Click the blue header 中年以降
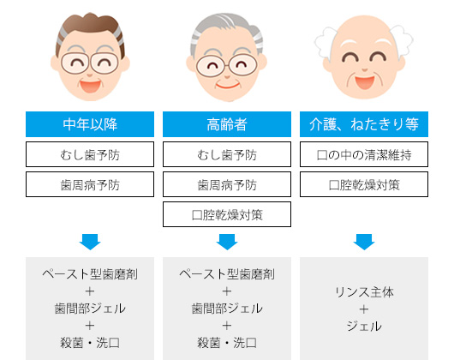coord(90,124)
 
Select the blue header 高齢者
coord(227,124)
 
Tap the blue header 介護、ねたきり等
coord(364,124)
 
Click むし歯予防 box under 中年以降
coord(90,154)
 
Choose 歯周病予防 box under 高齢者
coord(227,184)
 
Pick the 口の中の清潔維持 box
coord(364,154)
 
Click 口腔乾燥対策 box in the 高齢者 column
coord(227,214)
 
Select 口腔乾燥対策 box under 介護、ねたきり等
coord(364,184)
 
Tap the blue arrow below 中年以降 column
coord(90,242)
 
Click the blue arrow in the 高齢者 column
coord(227,242)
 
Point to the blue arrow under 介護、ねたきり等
coord(364,242)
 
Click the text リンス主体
coord(364,292)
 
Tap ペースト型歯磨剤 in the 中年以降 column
coord(90,274)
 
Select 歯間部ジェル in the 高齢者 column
coord(227,309)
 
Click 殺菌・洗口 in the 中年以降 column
coord(90,343)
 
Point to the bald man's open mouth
coord(365,82)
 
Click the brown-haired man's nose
coord(90,75)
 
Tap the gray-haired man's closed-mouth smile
coord(227,86)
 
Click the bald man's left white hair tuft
coord(326,44)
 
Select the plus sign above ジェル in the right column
coord(364,309)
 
